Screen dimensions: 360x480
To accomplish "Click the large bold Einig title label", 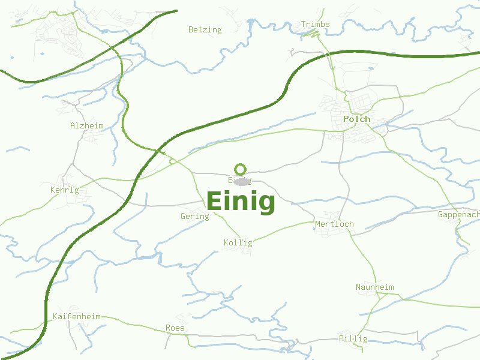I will (x=241, y=201).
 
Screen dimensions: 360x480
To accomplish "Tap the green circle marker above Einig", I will (x=241, y=169).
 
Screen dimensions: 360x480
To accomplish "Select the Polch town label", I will (x=356, y=119).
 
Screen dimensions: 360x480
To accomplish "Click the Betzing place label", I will (x=205, y=29).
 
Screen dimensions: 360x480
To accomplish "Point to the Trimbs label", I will (x=315, y=25).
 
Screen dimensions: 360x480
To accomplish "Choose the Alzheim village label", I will (x=86, y=126).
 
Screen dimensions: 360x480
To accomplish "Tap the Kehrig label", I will (x=64, y=190).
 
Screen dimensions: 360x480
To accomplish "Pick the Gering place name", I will (x=194, y=217).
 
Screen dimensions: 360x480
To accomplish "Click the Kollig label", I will (x=238, y=243).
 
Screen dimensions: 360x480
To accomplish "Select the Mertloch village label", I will (x=334, y=224).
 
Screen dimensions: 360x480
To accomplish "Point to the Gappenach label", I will (x=459, y=215).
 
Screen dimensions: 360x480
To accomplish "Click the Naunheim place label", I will (x=374, y=287).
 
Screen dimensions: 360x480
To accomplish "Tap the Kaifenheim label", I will (x=76, y=316).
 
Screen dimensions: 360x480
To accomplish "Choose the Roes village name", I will (x=175, y=328).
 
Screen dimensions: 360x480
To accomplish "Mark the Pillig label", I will (x=353, y=339).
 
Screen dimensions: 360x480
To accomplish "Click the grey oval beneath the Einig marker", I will (x=241, y=182).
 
